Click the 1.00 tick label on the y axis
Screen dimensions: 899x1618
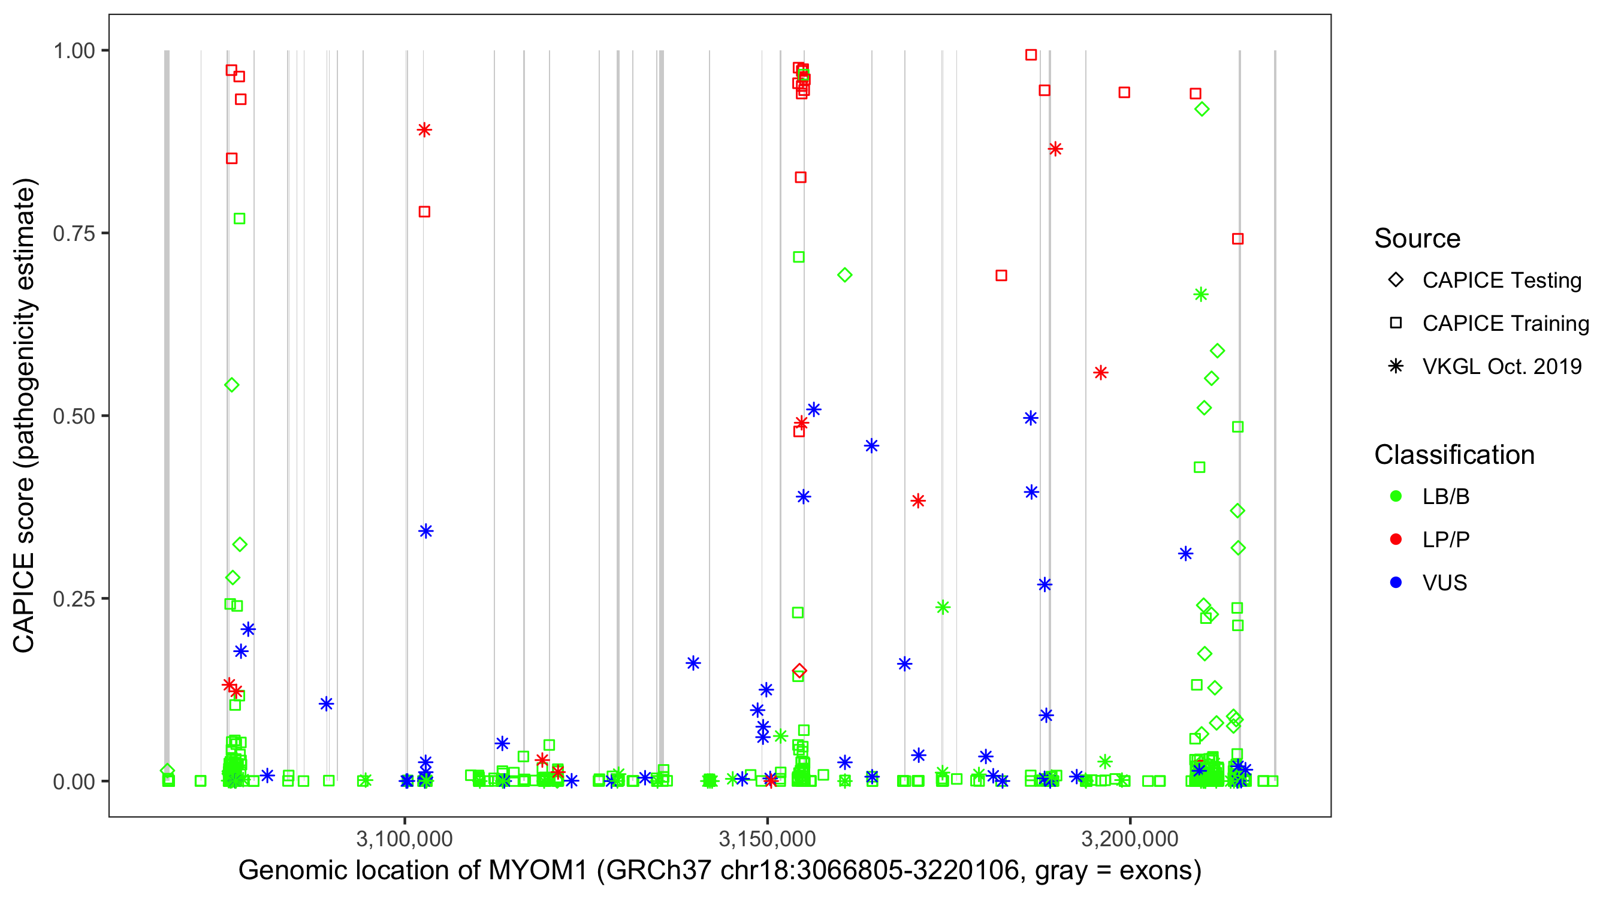(74, 51)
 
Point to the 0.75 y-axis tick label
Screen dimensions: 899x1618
(74, 234)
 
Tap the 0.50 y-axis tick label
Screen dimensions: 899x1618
(74, 417)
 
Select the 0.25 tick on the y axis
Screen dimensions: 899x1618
(74, 599)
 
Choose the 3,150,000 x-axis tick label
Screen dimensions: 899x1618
(767, 838)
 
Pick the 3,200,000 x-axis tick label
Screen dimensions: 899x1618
(1130, 838)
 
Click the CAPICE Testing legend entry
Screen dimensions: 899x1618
(1501, 280)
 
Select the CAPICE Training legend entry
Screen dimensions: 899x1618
(1505, 324)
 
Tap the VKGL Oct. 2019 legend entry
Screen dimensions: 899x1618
(1501, 367)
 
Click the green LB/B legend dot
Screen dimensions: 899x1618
(1396, 496)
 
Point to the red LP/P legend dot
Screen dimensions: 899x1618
(1396, 539)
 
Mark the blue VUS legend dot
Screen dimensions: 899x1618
(1396, 583)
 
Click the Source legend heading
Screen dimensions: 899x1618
(1417, 239)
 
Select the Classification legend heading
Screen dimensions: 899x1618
(1454, 455)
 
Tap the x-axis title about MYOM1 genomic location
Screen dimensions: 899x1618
(720, 871)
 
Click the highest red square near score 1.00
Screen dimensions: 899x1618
(1031, 55)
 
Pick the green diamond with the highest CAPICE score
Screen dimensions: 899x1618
(1202, 109)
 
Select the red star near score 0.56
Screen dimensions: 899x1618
(1100, 373)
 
